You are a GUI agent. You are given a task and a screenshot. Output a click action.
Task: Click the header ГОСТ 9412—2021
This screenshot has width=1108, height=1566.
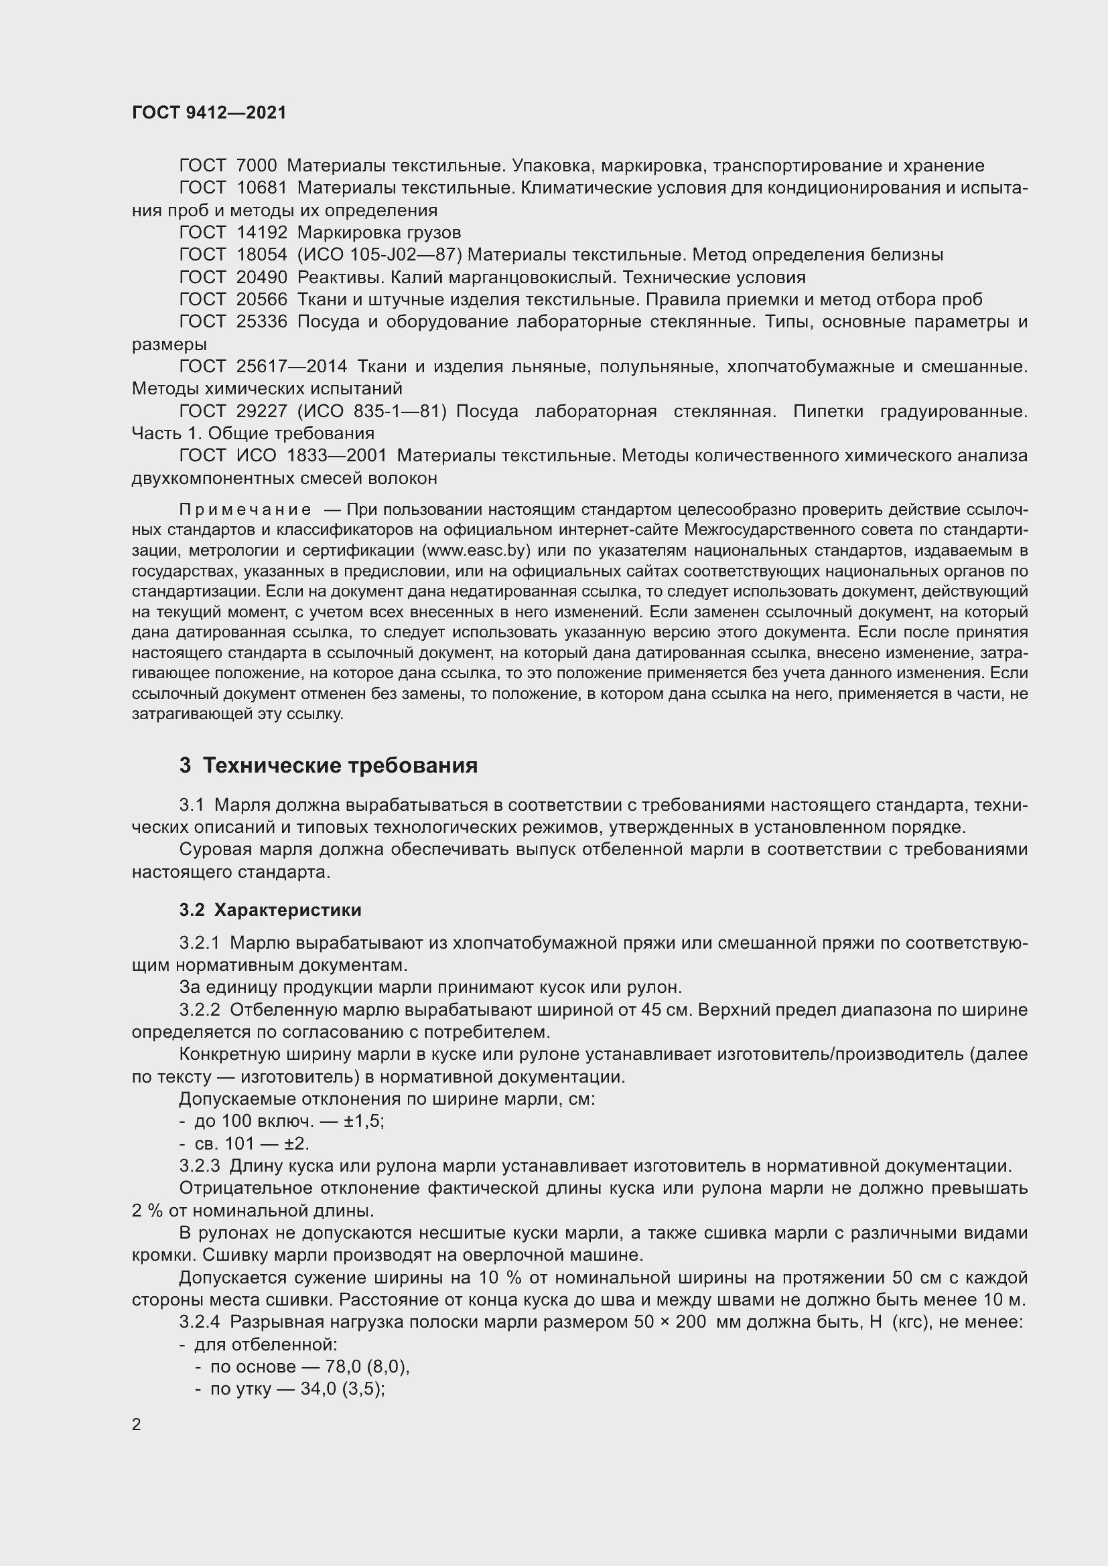coord(209,112)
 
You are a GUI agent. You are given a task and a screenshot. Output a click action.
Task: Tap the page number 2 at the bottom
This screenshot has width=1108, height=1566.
coord(137,1425)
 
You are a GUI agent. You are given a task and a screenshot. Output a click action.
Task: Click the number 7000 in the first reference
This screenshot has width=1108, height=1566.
coord(256,166)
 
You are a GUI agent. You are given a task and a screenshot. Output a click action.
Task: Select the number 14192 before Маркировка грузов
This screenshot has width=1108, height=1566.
coord(261,232)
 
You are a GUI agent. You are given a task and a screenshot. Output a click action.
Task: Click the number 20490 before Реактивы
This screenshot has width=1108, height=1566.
coord(261,278)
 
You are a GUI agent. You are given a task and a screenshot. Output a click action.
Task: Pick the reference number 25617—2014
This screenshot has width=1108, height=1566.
coord(291,367)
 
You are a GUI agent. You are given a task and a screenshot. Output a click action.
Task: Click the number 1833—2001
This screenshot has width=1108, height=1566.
coord(336,456)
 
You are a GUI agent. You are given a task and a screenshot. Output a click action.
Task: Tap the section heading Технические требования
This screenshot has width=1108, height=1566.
coord(340,766)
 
